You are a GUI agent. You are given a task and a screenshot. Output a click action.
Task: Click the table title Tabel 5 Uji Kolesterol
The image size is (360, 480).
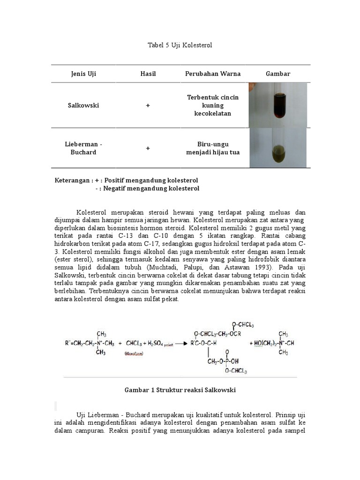[x=180, y=45]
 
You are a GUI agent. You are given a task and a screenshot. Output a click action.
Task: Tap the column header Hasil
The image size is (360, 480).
[x=148, y=74]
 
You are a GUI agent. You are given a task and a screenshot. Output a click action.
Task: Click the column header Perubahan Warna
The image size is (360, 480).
[x=213, y=74]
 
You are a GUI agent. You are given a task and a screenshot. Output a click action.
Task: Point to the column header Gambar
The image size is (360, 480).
[x=278, y=74]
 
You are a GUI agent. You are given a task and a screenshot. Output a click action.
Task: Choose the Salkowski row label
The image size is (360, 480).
[x=83, y=105]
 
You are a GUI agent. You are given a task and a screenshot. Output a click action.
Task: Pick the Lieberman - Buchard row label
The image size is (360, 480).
[x=83, y=148]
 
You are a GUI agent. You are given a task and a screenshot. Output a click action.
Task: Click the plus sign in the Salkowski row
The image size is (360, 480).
[x=148, y=105]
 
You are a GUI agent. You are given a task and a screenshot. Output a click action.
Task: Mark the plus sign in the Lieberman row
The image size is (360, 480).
[x=148, y=148]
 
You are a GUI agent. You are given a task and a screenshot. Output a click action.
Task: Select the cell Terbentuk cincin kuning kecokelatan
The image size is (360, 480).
[x=213, y=105]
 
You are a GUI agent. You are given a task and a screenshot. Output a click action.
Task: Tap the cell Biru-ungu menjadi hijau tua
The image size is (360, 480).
[x=213, y=148]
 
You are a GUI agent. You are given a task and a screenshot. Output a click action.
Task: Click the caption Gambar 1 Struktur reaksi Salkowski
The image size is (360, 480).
[x=180, y=390]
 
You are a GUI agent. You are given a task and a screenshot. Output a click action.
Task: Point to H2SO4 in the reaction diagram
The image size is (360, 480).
[x=157, y=344]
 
